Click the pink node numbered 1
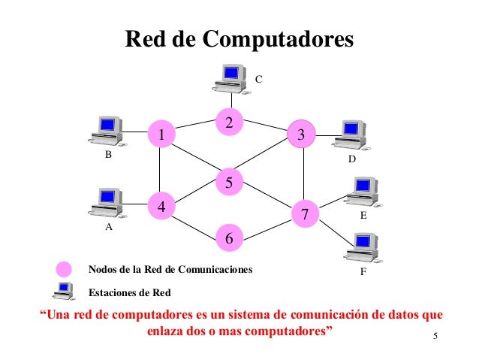click(160, 135)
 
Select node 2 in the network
click(230, 121)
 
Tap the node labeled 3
click(301, 135)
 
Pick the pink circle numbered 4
click(160, 205)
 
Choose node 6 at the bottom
click(230, 238)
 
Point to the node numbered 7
click(305, 213)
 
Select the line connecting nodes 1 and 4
click(160, 170)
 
